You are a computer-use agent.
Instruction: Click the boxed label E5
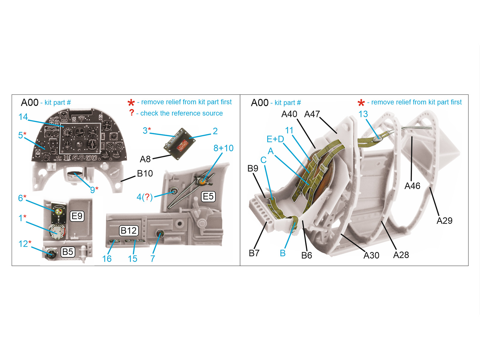208,196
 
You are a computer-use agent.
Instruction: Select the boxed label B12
129,230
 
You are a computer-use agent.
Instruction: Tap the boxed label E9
77,216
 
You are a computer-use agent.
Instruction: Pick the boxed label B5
67,252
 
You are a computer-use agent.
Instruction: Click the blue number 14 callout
23,117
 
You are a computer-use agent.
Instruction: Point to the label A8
145,159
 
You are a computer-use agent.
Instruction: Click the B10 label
145,173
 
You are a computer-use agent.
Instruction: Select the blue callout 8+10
223,148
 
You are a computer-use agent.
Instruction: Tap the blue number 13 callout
363,114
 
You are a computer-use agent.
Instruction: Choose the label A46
412,186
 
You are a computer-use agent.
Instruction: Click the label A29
444,220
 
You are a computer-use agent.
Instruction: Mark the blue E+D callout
275,139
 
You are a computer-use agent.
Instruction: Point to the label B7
254,253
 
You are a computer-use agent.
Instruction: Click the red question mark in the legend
131,112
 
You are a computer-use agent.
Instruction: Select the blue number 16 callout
107,259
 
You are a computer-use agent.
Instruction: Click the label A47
312,114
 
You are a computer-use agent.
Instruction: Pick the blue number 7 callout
152,259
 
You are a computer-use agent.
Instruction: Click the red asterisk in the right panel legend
361,103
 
